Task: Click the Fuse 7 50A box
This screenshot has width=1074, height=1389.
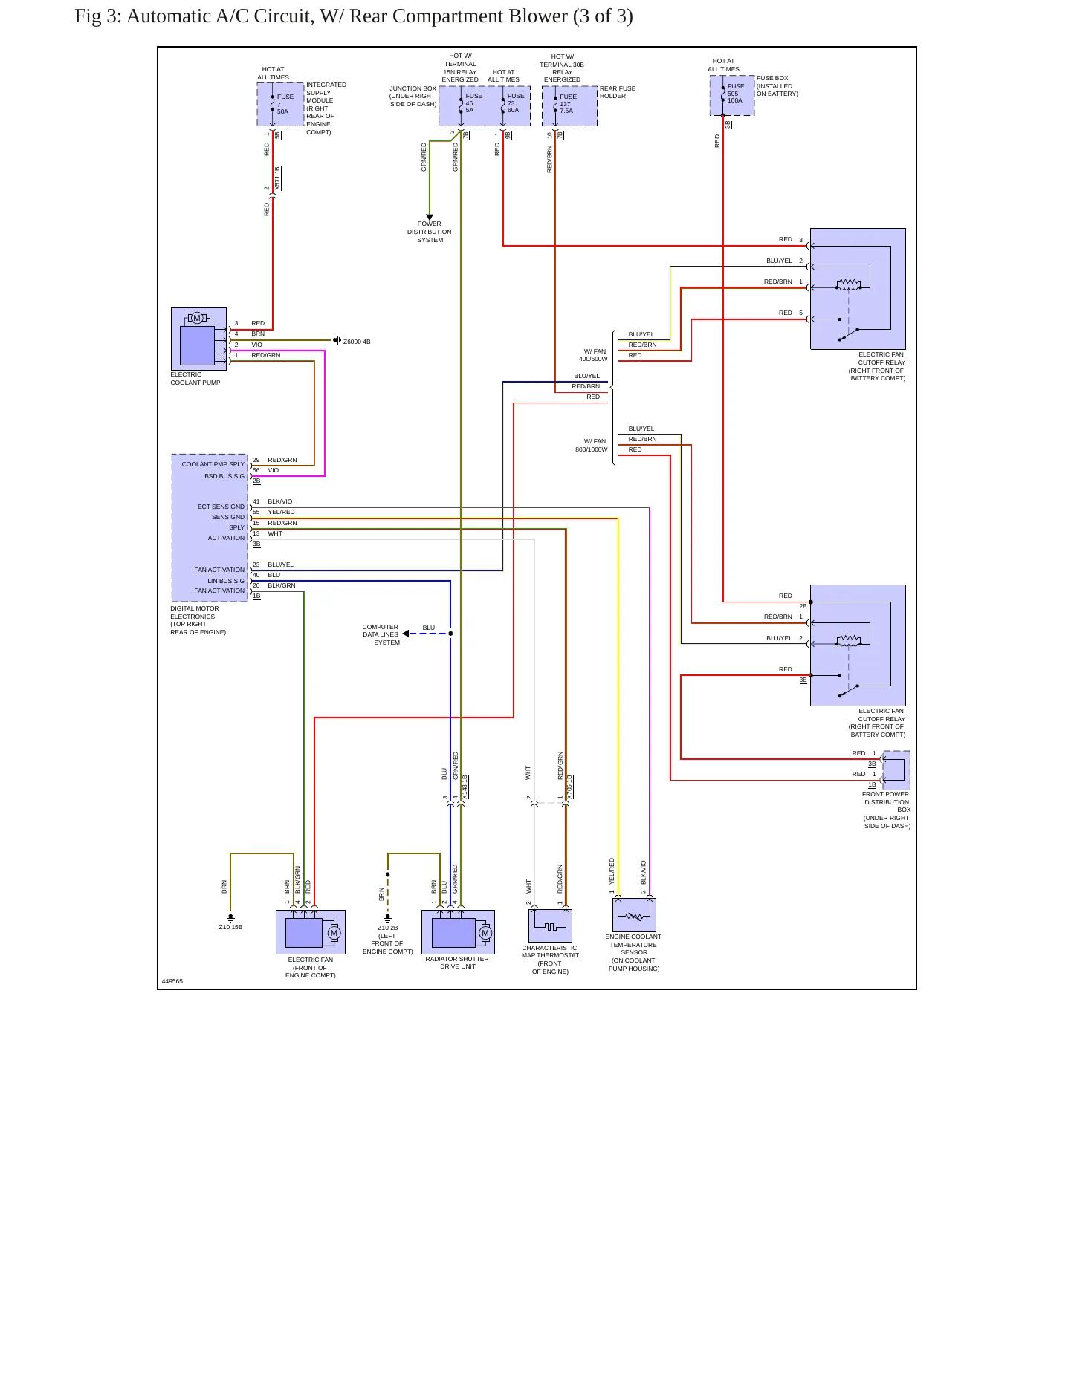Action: click(280, 104)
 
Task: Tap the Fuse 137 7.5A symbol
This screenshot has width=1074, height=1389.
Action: click(569, 105)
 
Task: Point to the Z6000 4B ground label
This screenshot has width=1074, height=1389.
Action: click(357, 342)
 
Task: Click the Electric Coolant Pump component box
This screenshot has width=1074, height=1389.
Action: click(198, 339)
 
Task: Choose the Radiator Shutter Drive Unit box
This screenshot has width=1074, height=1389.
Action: click(458, 932)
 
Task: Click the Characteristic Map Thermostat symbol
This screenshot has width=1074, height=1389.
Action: click(550, 926)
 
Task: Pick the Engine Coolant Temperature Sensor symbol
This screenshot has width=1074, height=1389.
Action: click(634, 915)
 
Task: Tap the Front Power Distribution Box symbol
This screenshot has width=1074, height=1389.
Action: click(896, 770)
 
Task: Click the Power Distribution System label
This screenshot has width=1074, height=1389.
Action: click(430, 232)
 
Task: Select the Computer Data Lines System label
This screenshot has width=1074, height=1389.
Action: click(381, 634)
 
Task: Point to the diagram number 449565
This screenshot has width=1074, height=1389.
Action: click(172, 981)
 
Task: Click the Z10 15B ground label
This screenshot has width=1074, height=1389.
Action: click(230, 927)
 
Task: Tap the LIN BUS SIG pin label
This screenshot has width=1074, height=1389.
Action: click(226, 581)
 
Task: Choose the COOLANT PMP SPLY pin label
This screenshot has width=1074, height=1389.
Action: click(213, 464)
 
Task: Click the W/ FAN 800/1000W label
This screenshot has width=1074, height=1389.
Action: click(592, 445)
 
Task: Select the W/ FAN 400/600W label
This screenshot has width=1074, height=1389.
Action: click(593, 355)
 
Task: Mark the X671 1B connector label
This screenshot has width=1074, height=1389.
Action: click(277, 180)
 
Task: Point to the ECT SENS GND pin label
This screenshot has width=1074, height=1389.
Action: click(221, 507)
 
